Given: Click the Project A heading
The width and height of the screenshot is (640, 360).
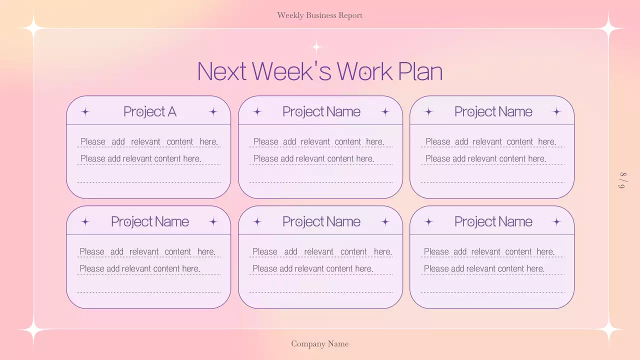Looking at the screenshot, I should pos(150,111).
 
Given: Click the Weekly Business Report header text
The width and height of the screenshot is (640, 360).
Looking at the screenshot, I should pos(319,15).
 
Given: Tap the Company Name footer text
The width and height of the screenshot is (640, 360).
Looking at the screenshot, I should pos(319,343).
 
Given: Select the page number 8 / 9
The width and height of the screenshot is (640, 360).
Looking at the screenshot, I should pos(622,180).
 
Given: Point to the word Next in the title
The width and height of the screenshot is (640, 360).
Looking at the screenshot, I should pos(221,71).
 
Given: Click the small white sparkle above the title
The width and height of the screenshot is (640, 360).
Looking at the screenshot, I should pos(316,47).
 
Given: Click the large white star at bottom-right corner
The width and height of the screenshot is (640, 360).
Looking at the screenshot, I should pos(609,330).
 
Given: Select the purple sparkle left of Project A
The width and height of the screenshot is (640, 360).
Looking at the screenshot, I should pos(85,111).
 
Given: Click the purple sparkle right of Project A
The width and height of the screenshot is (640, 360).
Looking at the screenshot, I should pos(213,111).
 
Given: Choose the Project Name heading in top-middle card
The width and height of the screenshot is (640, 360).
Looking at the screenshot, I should pos(321,111).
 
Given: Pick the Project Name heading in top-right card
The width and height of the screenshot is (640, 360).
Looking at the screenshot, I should pos(493,111).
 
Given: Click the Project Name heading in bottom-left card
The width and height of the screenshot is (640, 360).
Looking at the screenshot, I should pos(150,221).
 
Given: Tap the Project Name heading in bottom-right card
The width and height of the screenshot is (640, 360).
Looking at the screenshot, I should pos(493,221).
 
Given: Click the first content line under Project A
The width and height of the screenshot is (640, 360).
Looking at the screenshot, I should pos(149,141).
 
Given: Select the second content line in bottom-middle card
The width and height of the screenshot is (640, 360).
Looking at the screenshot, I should pos(312,268).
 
